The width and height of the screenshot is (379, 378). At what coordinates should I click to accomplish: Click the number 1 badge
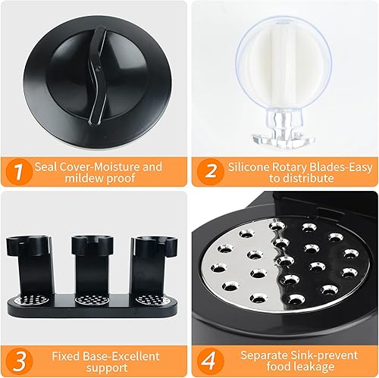point(19,172)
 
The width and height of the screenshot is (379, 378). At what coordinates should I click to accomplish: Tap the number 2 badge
point(211,172)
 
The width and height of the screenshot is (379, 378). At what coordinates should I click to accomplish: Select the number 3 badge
point(20,361)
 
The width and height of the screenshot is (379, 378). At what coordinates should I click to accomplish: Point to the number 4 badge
point(211,361)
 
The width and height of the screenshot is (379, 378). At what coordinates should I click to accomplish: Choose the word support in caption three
point(107,368)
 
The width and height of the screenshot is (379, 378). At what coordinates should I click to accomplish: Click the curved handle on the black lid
point(98,75)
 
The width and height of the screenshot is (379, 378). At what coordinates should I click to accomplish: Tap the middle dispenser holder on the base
point(92,265)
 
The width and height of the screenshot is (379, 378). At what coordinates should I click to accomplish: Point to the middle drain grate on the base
point(92,300)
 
